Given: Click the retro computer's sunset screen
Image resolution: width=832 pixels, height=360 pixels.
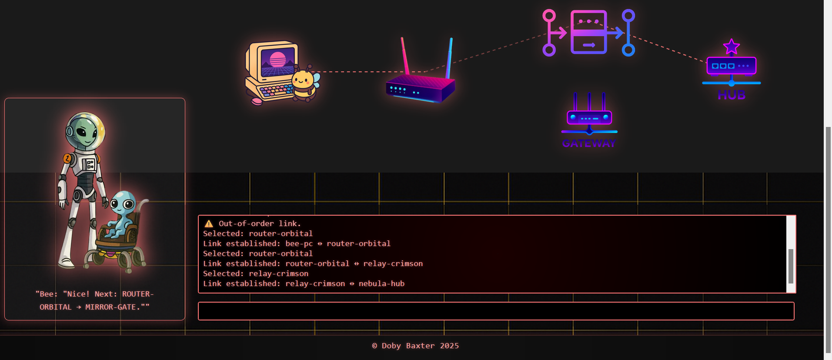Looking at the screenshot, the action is pyautogui.click(x=278, y=62).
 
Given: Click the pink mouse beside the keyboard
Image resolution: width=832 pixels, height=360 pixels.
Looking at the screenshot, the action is pyautogui.click(x=257, y=101).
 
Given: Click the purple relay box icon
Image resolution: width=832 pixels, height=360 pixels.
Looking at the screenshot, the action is pyautogui.click(x=588, y=32).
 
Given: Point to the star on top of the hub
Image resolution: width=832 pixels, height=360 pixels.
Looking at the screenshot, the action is pyautogui.click(x=732, y=47).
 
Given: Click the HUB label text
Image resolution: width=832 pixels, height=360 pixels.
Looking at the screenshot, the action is pyautogui.click(x=732, y=95).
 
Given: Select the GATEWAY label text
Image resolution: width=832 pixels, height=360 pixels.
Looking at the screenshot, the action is pyautogui.click(x=589, y=143).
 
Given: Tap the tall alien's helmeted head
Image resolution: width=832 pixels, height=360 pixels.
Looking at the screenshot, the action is pyautogui.click(x=85, y=130).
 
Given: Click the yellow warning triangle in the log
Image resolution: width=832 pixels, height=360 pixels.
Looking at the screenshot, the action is pyautogui.click(x=209, y=223).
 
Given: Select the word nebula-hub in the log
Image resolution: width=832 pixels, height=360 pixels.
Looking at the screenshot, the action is pyautogui.click(x=381, y=283).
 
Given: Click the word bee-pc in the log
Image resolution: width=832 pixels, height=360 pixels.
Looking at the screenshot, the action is pyautogui.click(x=299, y=243).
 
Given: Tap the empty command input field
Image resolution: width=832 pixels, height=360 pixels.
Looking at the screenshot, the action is pyautogui.click(x=496, y=311).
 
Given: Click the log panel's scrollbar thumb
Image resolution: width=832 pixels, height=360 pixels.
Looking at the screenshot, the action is pyautogui.click(x=791, y=266).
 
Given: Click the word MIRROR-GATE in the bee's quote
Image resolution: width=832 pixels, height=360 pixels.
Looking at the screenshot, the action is pyautogui.click(x=110, y=307).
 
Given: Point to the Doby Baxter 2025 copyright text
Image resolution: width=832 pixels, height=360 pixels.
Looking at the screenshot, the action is pyautogui.click(x=415, y=346).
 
